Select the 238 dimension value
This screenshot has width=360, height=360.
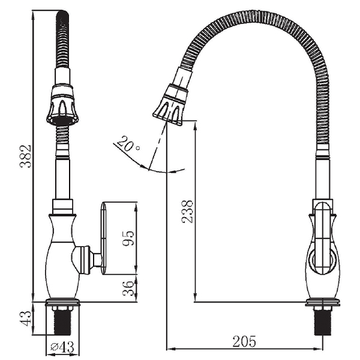pos(188,211)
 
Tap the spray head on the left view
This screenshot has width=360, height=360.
pos(62,105)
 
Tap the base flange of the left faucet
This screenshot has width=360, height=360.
pos(62,303)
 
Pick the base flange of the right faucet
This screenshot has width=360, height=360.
pos(323,303)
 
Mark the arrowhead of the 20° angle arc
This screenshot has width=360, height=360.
pos(145,169)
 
